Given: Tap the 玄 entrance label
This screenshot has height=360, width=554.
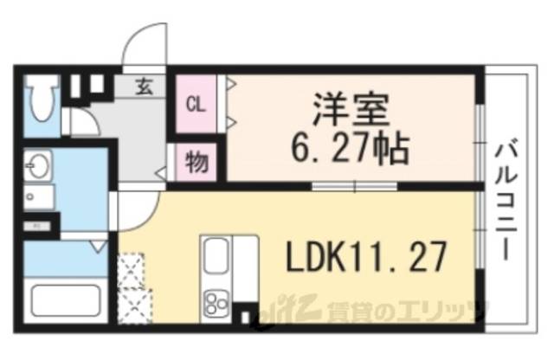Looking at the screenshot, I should [145, 86].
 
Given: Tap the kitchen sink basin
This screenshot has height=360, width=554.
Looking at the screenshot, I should [217, 258].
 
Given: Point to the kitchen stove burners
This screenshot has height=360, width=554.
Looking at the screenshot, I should [216, 303].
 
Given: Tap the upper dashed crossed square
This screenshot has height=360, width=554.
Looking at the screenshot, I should [135, 269].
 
